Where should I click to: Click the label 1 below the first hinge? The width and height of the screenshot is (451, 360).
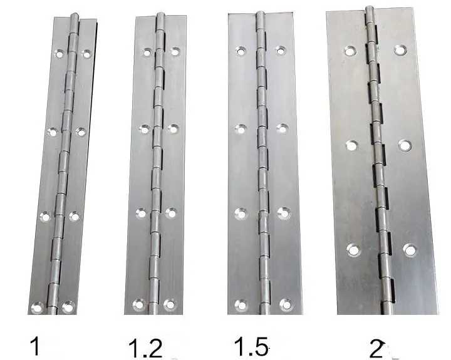pos(37,346)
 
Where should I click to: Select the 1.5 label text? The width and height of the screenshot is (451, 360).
pos(251,346)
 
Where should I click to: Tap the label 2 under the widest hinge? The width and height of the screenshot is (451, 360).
pos(376,348)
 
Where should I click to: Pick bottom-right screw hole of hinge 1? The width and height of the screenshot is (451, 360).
pos(68,307)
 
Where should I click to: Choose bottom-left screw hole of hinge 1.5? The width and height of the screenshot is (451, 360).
pos(240,305)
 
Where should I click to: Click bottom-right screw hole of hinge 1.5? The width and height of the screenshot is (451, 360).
pos(285,305)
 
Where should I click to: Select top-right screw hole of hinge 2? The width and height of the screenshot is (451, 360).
pos(399,49)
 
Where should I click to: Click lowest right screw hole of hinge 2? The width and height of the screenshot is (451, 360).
pos(410,249)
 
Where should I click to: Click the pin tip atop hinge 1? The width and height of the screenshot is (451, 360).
pos(76,16)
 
